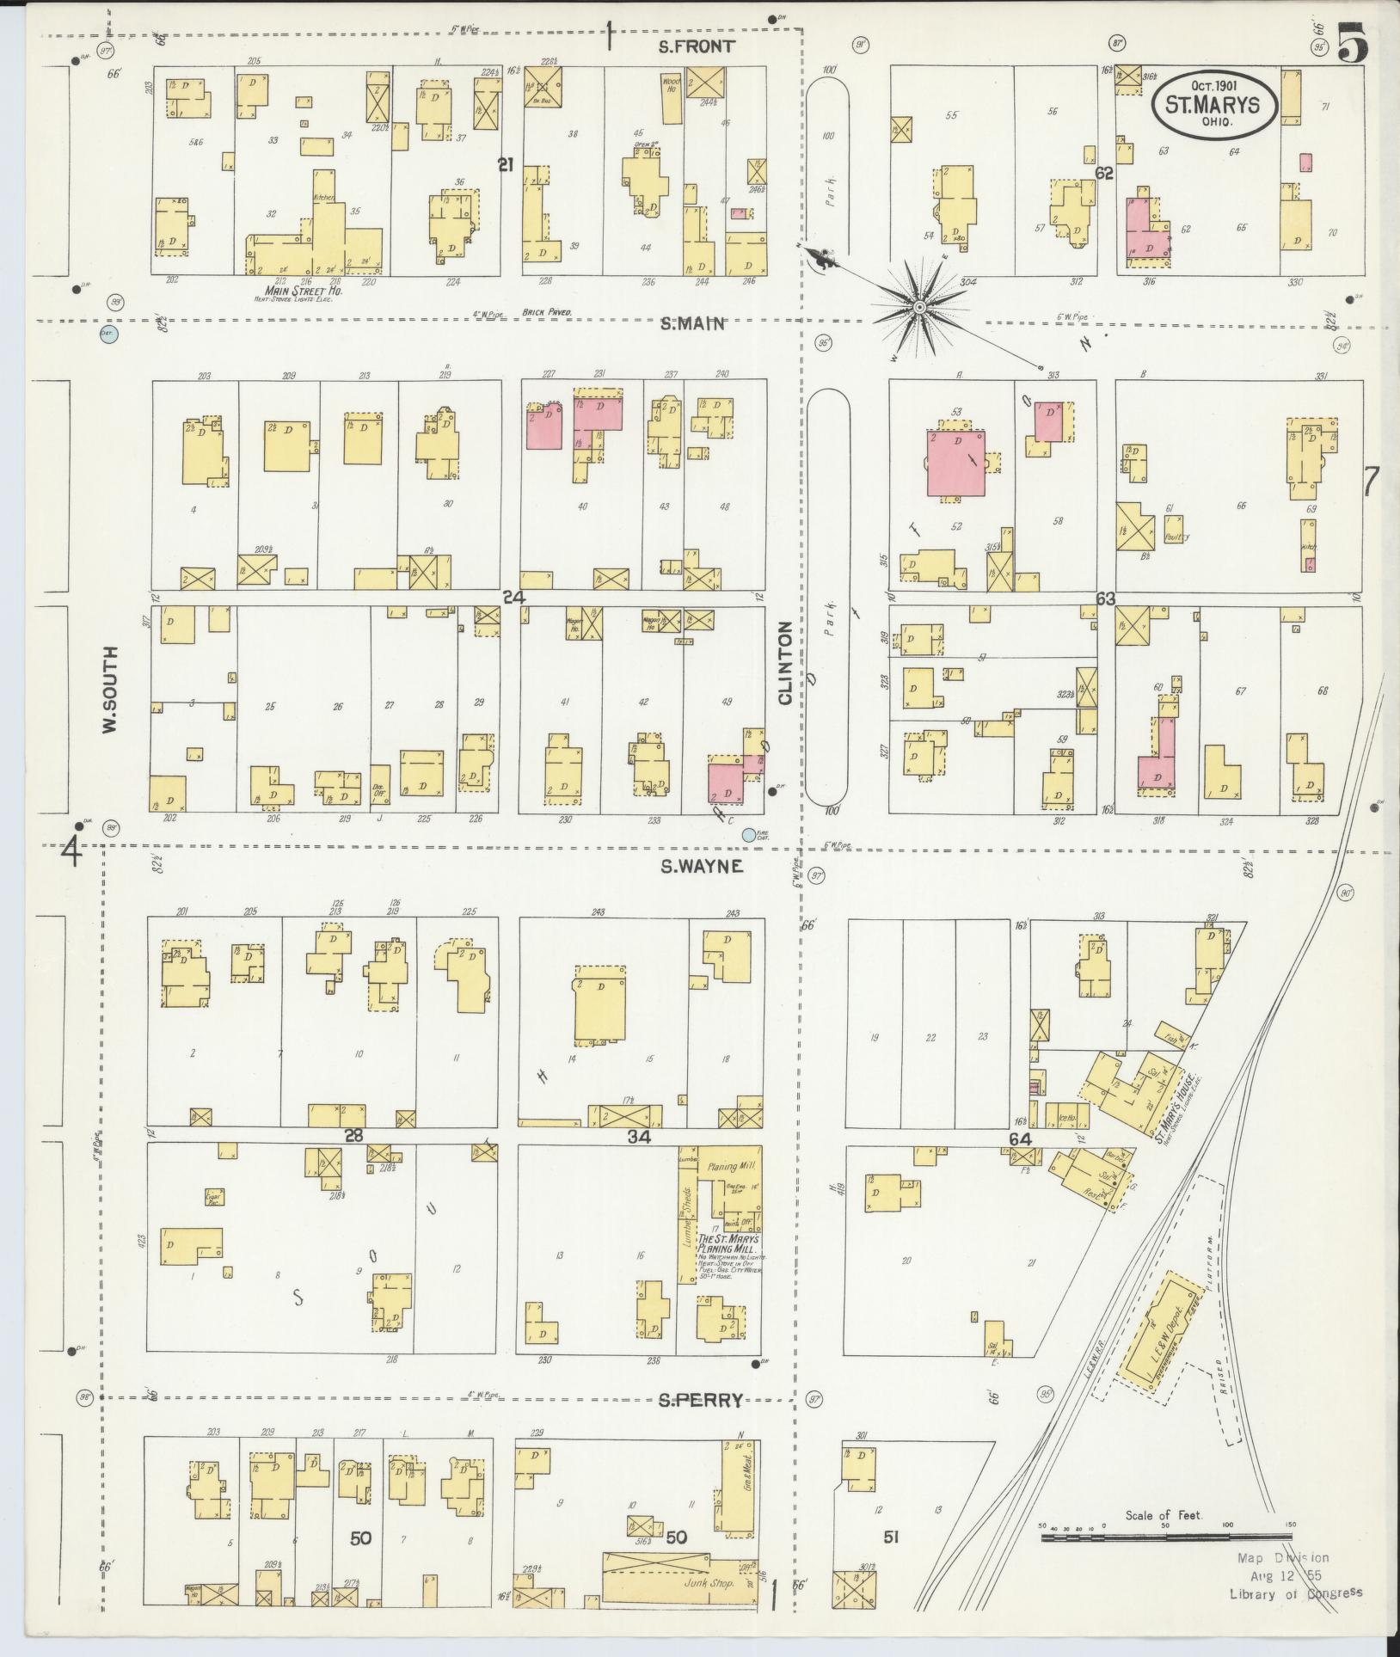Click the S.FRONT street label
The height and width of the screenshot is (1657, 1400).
point(696,46)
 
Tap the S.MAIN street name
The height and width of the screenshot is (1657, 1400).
point(693,324)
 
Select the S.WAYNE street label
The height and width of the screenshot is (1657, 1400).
point(701,867)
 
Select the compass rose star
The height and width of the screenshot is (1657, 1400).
point(918,307)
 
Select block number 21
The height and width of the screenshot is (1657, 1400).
point(506,164)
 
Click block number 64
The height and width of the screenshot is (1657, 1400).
point(1020,1139)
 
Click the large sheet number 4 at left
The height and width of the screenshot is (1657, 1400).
point(71,852)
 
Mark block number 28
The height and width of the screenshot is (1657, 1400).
point(353,1136)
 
